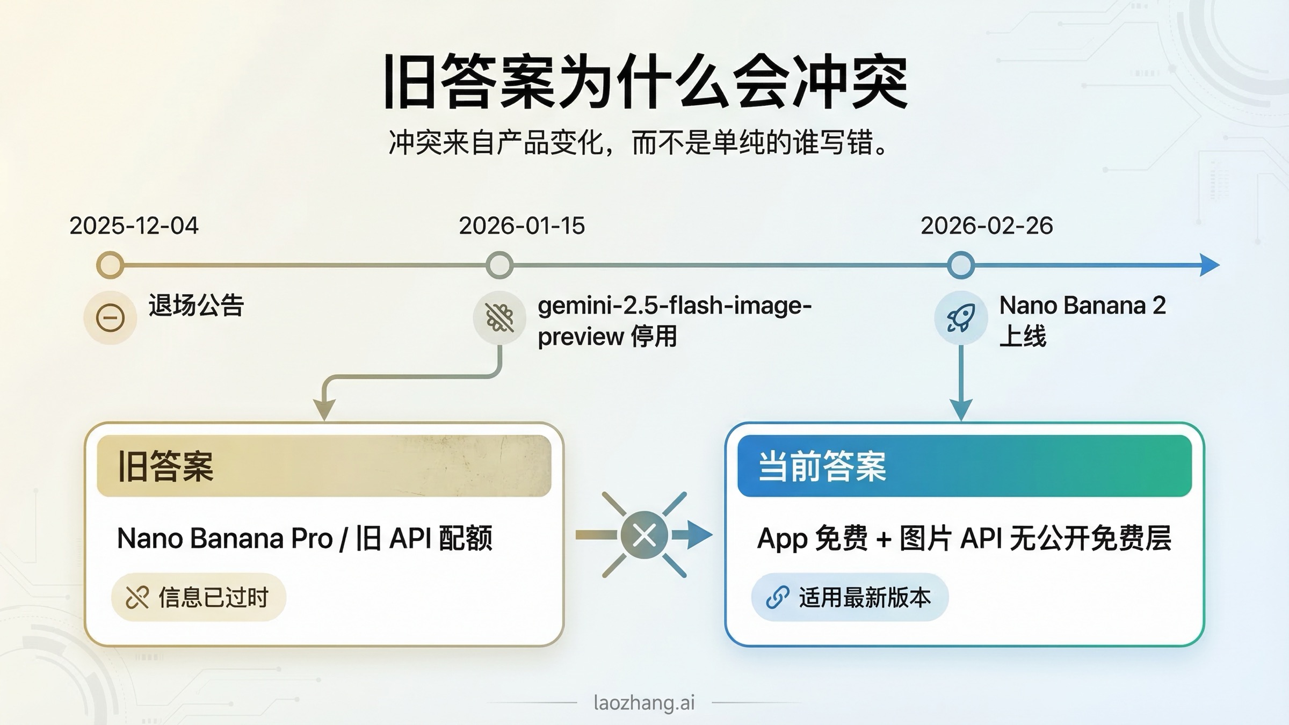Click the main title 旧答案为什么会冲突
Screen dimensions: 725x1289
(x=644, y=82)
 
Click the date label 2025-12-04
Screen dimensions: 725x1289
(x=134, y=226)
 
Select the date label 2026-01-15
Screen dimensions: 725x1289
(x=522, y=226)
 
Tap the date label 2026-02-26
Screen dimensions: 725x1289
(x=987, y=226)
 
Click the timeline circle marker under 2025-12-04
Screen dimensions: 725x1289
(x=110, y=265)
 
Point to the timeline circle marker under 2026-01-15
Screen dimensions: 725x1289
(x=499, y=265)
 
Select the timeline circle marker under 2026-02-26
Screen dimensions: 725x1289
(x=961, y=265)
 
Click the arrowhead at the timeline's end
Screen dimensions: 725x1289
(x=1210, y=265)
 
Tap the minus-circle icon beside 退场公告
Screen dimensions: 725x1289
(x=110, y=318)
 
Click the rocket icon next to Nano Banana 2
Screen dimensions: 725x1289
(x=961, y=318)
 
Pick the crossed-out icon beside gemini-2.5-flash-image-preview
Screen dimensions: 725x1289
(x=499, y=318)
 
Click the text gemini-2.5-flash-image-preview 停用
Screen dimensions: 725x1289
(x=674, y=321)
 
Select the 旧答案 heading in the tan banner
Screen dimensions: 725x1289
(x=165, y=466)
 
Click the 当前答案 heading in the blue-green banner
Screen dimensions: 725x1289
(x=822, y=466)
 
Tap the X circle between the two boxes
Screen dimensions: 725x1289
(x=644, y=535)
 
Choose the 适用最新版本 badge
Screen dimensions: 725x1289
(x=850, y=597)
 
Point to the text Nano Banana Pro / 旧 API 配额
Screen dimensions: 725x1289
(x=305, y=538)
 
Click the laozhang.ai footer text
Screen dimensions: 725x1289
(x=644, y=702)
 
